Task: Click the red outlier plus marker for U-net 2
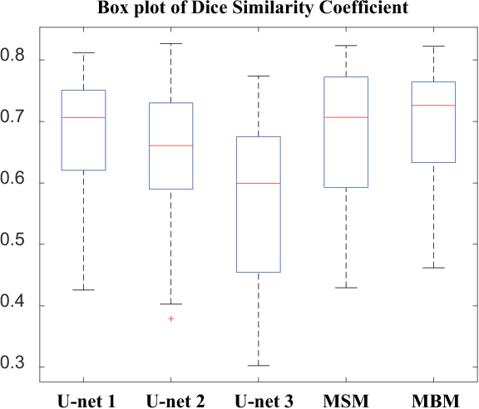[x=171, y=318]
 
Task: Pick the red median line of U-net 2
[x=171, y=145]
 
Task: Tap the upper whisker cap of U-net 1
[x=84, y=52]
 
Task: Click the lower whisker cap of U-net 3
[x=258, y=365]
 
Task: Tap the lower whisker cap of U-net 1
[x=84, y=290]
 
